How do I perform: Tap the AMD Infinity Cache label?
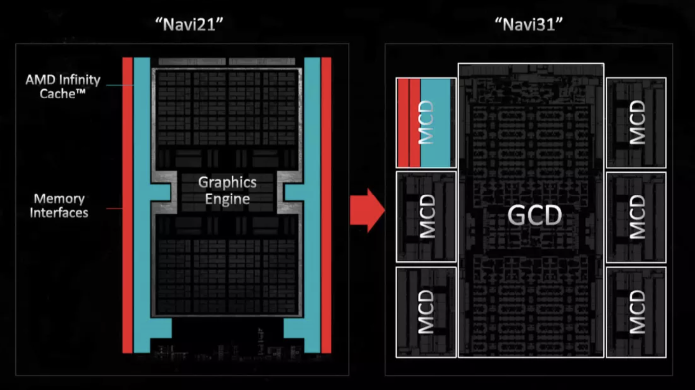coord(63,86)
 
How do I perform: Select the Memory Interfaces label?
coord(59,205)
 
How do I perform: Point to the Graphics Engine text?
coord(228,191)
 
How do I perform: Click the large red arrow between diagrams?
coord(367,210)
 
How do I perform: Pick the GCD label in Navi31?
coord(535,215)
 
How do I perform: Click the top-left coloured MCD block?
coord(426,122)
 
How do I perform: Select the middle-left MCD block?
coord(426,216)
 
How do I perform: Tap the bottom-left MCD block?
coord(426,312)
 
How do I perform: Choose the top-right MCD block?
coord(636,122)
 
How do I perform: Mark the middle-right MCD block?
coord(636,216)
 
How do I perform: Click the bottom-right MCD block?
coord(636,312)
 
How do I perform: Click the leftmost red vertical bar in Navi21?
coord(127,204)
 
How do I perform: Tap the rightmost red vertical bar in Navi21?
coord(326,204)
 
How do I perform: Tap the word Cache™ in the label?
coord(63,93)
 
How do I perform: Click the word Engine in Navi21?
coord(228,199)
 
